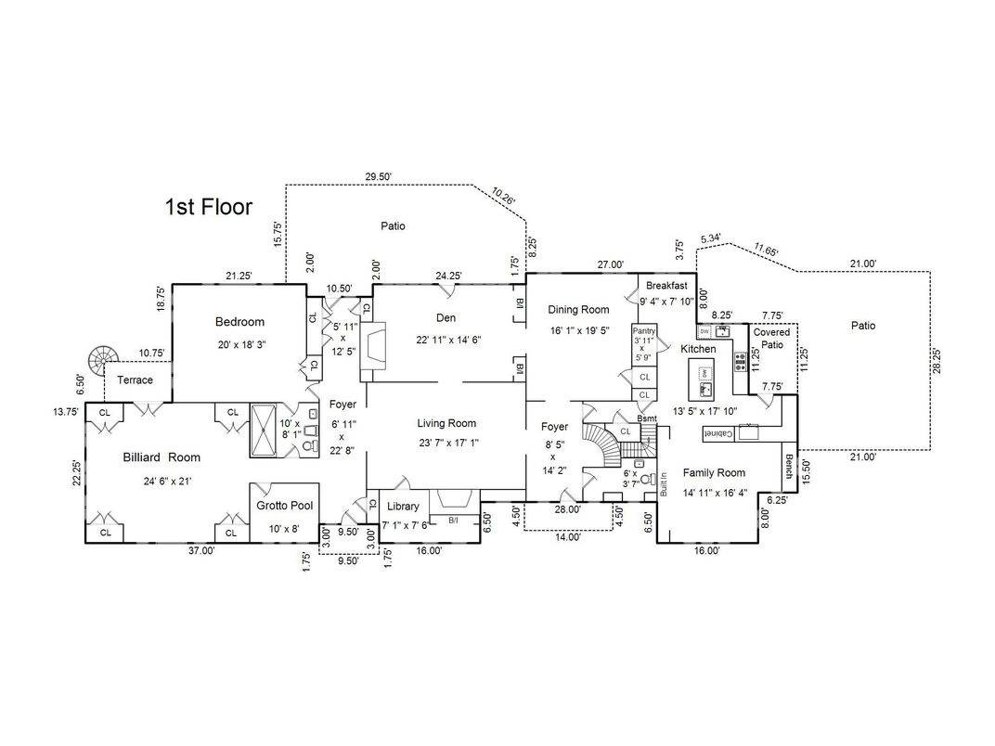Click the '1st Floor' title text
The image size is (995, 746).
[x=208, y=206]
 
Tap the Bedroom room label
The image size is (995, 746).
[x=239, y=322]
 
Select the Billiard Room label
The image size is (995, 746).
[x=162, y=457]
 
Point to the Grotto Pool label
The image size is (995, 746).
[x=284, y=506]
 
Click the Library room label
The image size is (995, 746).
[x=403, y=507]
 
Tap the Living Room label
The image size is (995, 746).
[x=446, y=423]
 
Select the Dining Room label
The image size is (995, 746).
[x=578, y=310]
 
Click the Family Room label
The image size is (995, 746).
[x=714, y=472]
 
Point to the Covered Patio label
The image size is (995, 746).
[x=771, y=338]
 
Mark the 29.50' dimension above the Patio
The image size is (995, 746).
[x=378, y=176]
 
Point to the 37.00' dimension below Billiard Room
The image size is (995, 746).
[x=201, y=550]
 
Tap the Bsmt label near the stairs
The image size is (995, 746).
[x=647, y=418]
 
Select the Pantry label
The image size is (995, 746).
[x=644, y=330]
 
